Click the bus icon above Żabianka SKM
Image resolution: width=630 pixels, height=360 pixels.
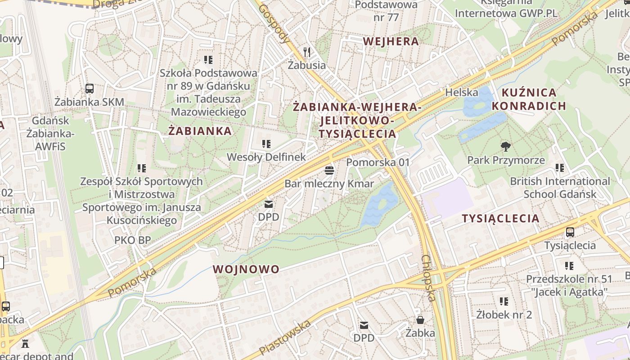[x=89, y=88]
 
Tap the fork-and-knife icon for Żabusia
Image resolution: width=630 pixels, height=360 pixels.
[x=307, y=52]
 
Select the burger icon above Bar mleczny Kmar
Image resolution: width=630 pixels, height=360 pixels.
[x=329, y=171]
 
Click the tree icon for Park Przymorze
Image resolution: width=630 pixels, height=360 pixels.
[x=506, y=146]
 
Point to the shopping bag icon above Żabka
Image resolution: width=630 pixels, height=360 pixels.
[x=420, y=319]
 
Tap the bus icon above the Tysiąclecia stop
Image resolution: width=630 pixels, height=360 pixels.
[x=570, y=232]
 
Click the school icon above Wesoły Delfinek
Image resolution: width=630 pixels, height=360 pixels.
[x=266, y=144]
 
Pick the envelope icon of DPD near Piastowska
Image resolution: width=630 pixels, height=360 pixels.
[x=364, y=325]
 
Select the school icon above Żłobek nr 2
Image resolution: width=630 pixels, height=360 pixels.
[x=504, y=301]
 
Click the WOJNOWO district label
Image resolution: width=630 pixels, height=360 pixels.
[x=246, y=270]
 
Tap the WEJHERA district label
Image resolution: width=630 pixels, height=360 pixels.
[x=391, y=41]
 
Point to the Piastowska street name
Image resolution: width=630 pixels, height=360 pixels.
[x=285, y=337]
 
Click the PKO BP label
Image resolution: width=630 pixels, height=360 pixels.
[x=132, y=240]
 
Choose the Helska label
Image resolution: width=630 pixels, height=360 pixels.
[x=461, y=92]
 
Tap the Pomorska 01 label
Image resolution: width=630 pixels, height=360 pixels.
[x=378, y=162]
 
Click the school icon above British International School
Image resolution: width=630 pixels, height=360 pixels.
[x=559, y=168]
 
